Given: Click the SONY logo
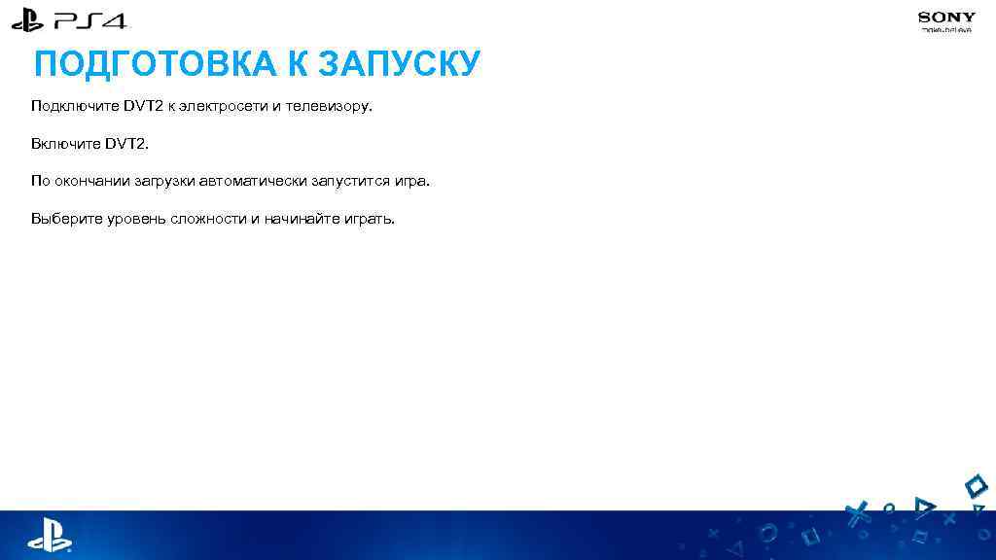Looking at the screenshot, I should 946,17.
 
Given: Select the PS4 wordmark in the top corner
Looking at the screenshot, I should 92,19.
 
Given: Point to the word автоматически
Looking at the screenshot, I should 251,181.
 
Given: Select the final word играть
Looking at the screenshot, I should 370,219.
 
